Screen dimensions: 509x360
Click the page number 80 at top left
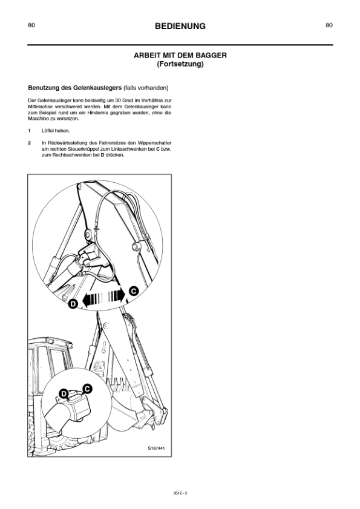31,25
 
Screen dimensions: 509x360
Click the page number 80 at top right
329,25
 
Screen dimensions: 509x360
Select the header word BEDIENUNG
180,26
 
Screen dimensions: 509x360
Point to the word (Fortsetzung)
180,63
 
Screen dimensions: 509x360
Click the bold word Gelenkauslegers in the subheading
96,87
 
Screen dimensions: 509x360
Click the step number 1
29,131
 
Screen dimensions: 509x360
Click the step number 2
29,143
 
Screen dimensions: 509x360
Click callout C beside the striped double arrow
134,291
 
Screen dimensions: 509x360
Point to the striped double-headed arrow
103,297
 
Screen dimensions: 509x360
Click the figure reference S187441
156,448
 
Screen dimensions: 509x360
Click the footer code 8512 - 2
180,493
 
